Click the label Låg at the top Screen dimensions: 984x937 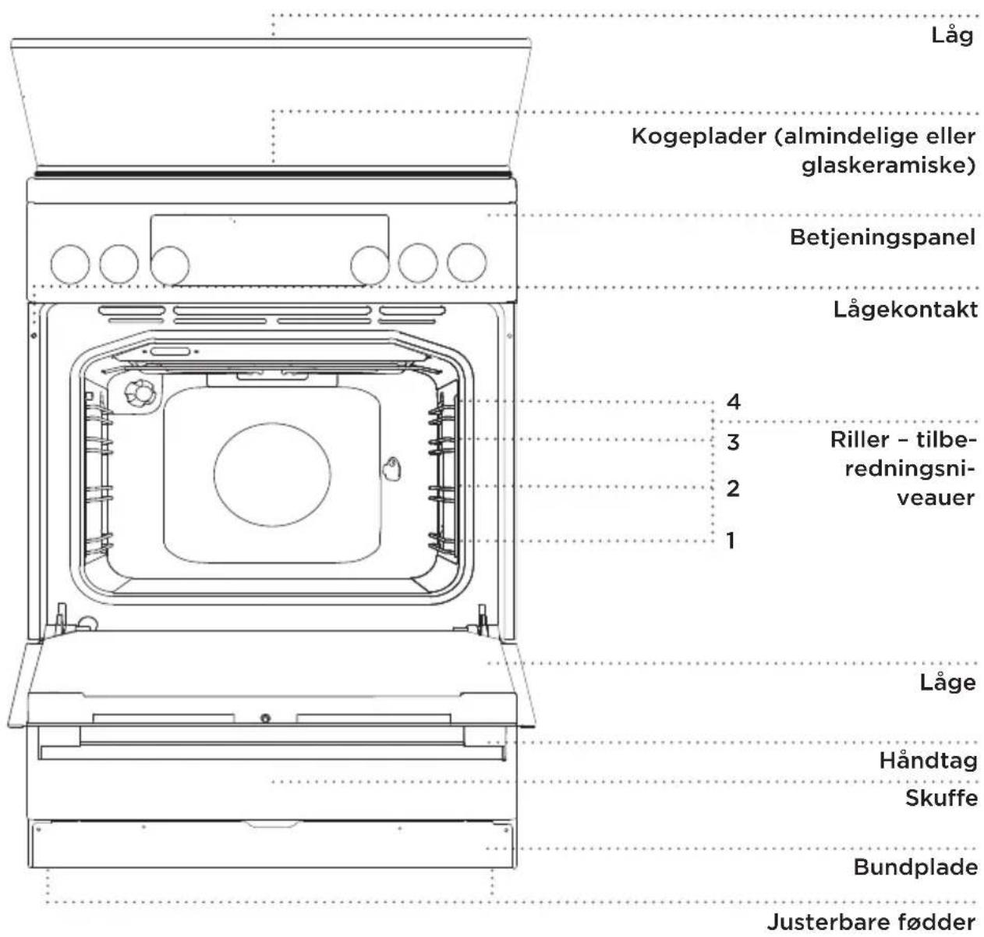coord(952,36)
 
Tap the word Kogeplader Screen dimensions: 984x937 coord(699,137)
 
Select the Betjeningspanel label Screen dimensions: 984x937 coord(883,237)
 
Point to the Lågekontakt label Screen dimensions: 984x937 coord(905,310)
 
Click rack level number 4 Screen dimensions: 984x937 coord(734,402)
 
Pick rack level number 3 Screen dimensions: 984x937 coord(734,442)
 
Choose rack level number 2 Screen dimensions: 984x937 coord(734,488)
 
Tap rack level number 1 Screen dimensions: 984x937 coord(731,541)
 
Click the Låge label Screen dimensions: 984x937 coord(948,682)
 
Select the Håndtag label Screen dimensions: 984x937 coord(929,761)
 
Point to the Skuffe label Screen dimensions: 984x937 coord(941,798)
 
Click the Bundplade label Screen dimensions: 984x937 coord(915,868)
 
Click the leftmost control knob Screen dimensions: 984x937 coord(70,264)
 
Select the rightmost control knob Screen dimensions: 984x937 coord(466,262)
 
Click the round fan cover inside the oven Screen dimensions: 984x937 coord(272,474)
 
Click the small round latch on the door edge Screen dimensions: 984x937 coord(266,718)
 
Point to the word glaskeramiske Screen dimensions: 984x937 coord(888,165)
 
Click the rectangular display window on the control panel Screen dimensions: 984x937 coord(270,250)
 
